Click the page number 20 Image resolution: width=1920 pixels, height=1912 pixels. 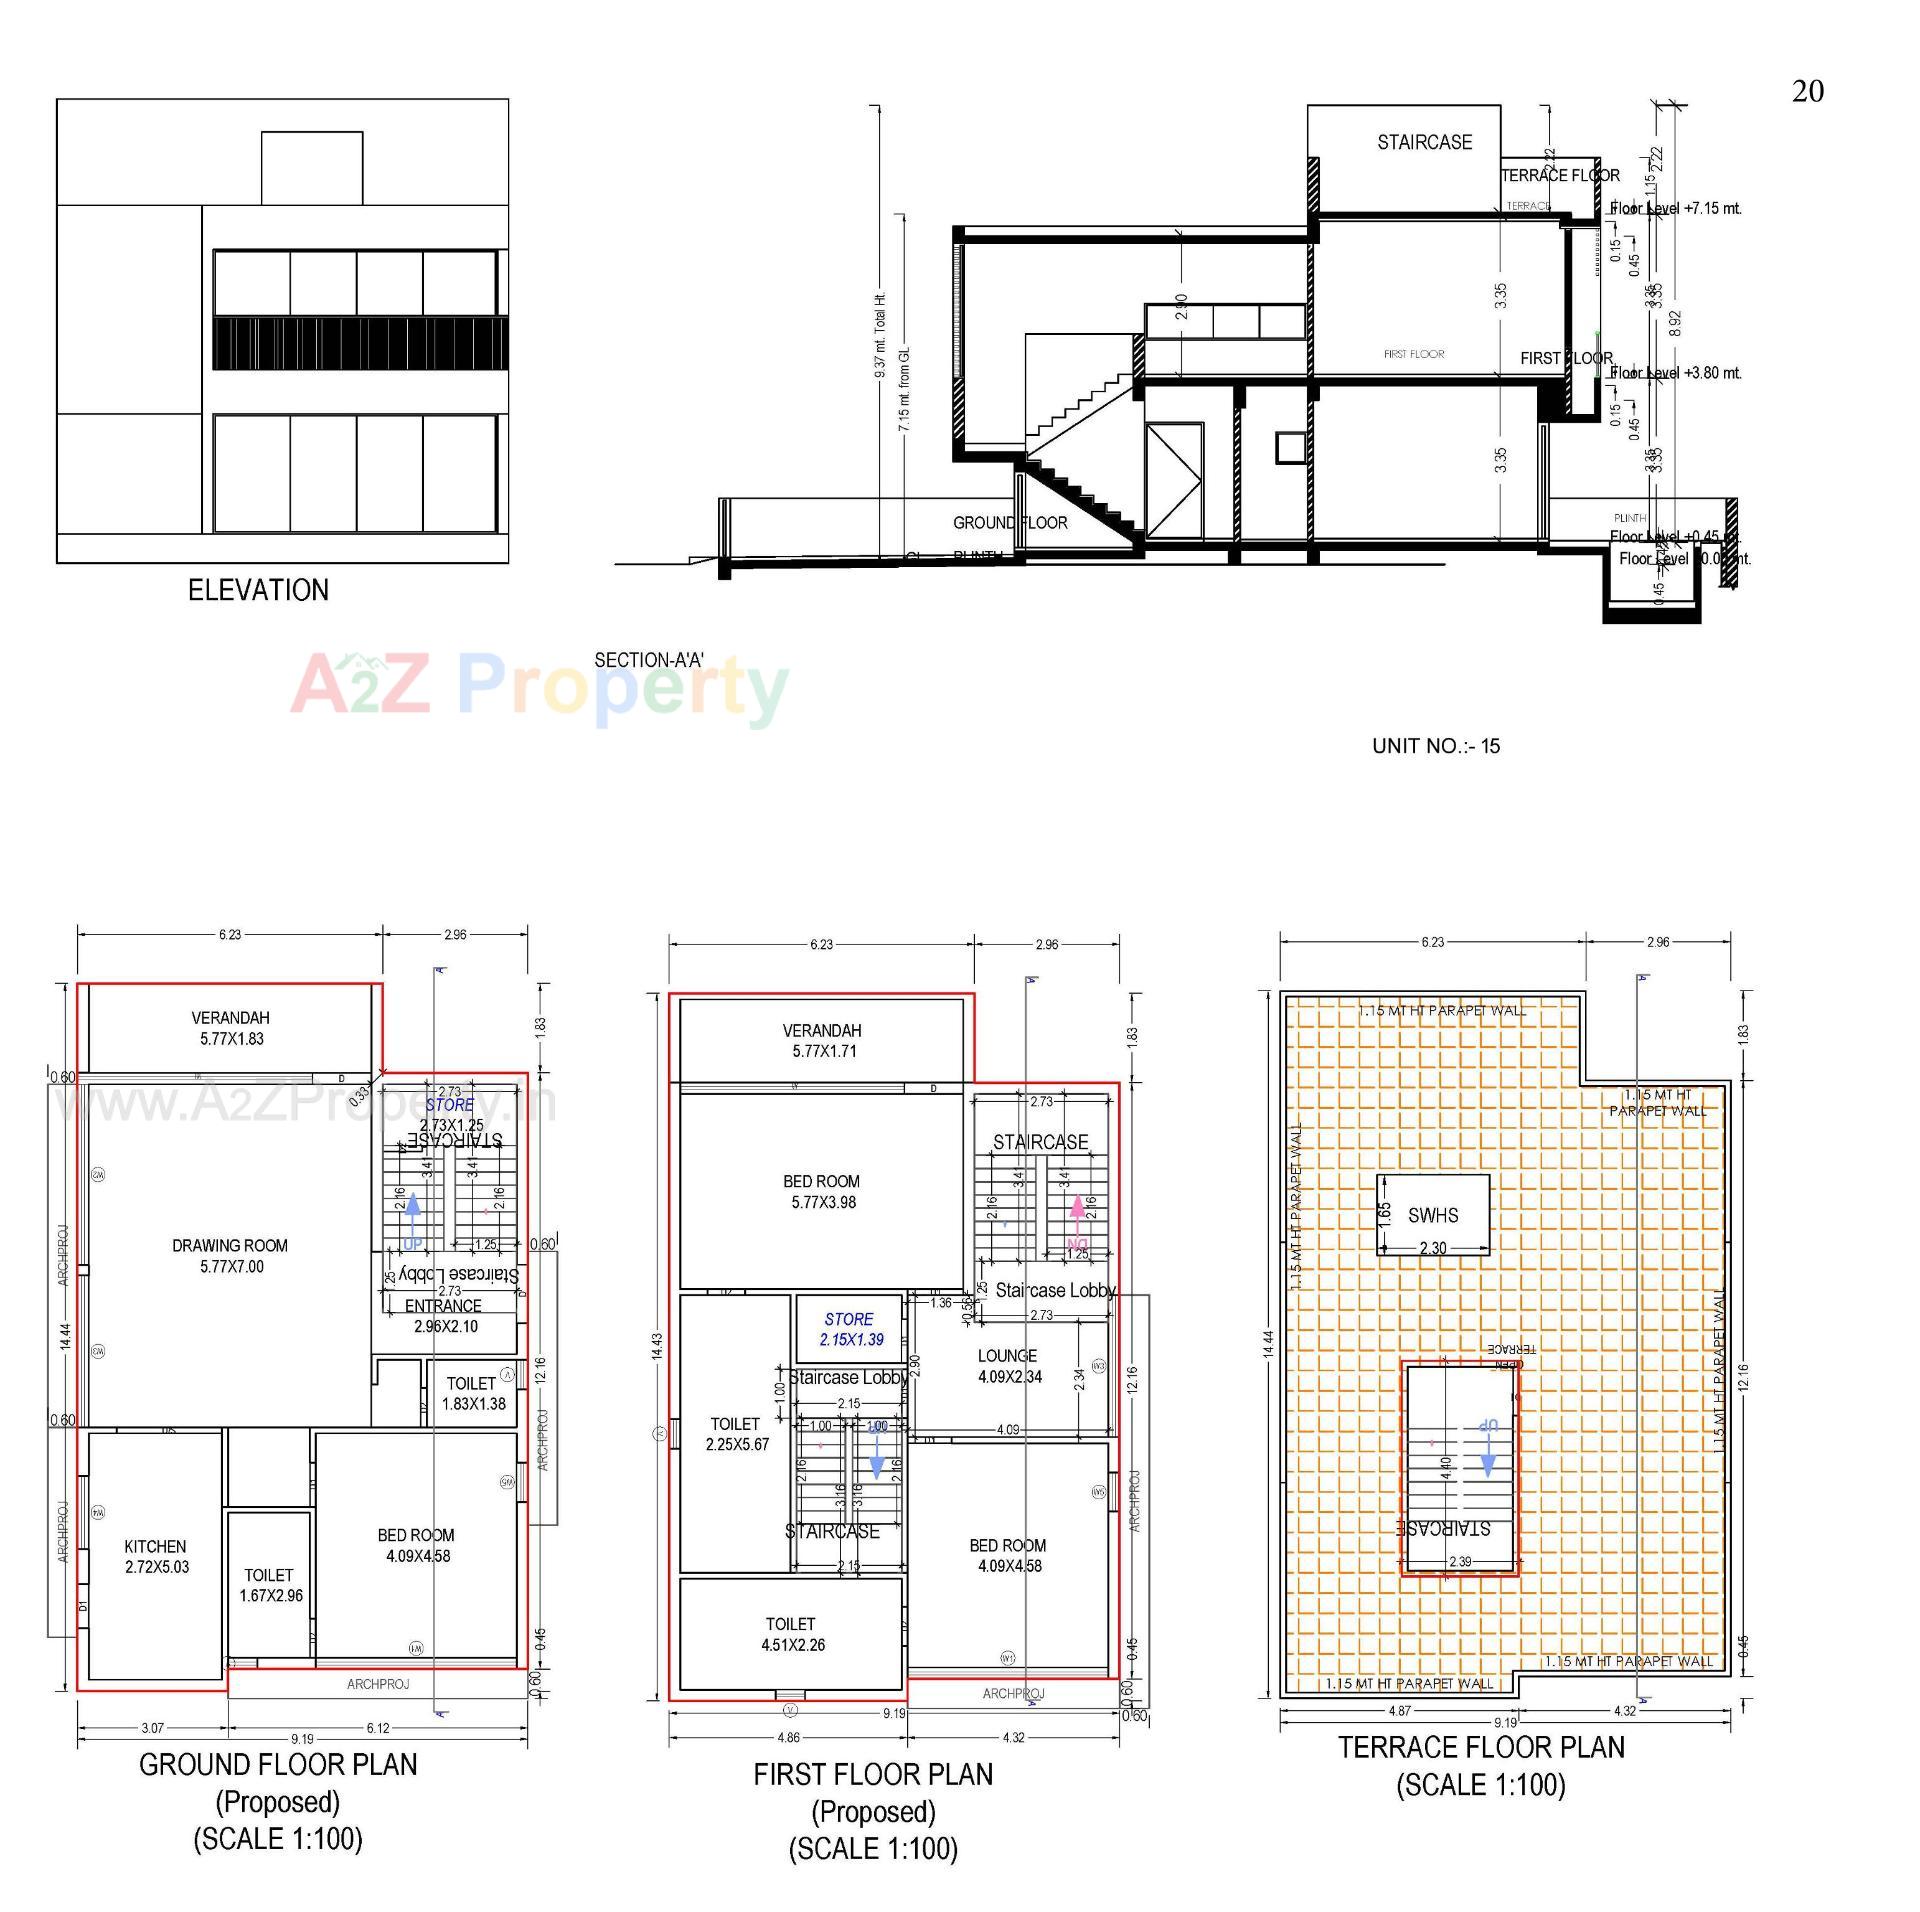click(1807, 92)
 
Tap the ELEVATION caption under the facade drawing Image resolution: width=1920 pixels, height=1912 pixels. click(258, 590)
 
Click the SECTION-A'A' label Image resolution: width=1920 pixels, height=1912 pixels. click(649, 660)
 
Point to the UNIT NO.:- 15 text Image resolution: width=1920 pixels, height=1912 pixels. click(1435, 746)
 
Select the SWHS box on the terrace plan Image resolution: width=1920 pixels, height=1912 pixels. click(1432, 1215)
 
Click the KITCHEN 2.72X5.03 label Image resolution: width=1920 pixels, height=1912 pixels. click(156, 1556)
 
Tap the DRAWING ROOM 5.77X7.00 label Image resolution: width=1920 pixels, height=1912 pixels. click(230, 1255)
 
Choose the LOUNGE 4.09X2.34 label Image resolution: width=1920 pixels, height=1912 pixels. click(1008, 1366)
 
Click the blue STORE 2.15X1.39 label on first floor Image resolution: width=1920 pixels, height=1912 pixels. click(850, 1329)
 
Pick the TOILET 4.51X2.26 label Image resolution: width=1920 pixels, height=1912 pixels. click(791, 1634)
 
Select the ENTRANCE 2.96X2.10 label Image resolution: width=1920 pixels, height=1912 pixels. click(444, 1316)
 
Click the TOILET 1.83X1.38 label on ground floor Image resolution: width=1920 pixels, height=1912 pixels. click(473, 1393)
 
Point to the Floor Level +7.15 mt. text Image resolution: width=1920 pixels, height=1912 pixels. click(1675, 208)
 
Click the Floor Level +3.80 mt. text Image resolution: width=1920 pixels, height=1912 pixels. click(1675, 373)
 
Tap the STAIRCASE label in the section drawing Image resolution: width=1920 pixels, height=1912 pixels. click(1424, 142)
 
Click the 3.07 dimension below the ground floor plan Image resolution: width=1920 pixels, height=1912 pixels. click(152, 1727)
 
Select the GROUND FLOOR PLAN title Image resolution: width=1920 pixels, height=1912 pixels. click(278, 1765)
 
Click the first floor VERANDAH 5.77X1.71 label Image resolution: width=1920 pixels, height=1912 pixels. click(822, 1040)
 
